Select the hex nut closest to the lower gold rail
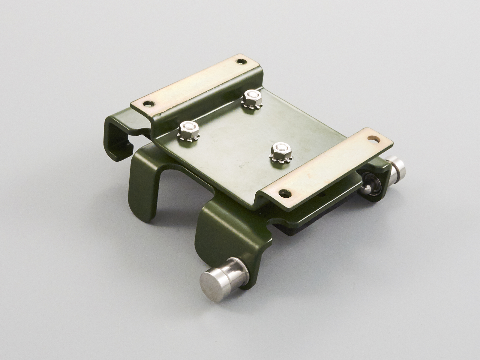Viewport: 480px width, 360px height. (x=278, y=149)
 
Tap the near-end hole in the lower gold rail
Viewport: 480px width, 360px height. (x=283, y=192)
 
